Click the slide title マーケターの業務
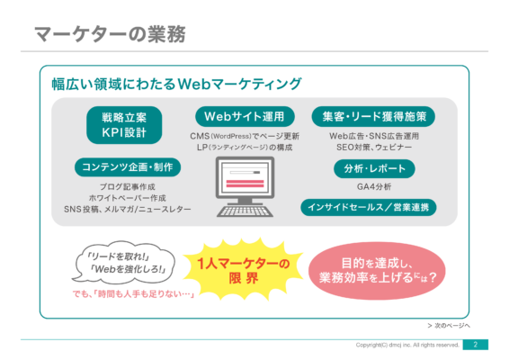tap(110, 34)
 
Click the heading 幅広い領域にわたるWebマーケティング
tap(176, 84)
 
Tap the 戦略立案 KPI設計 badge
tap(124, 125)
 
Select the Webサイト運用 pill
tap(245, 116)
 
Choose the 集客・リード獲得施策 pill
tap(373, 116)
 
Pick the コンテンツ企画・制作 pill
tap(128, 167)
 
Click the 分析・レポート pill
tap(374, 168)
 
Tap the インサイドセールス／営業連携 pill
tap(369, 207)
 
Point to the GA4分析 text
tap(374, 187)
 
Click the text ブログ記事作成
tap(128, 187)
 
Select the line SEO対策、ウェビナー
tap(374, 148)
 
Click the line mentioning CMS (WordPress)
tap(245, 136)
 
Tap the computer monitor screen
tap(246, 177)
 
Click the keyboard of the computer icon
tap(245, 211)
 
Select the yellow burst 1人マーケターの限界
tap(243, 269)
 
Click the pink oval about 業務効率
tap(377, 270)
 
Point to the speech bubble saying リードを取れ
tap(124, 262)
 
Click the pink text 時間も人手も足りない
tap(133, 294)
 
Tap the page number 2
tap(475, 345)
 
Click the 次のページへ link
tap(449, 325)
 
